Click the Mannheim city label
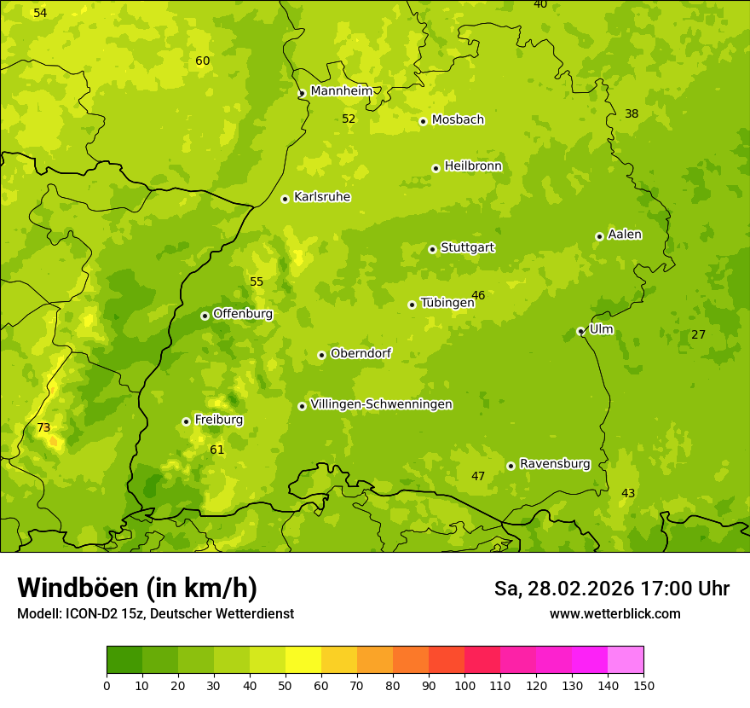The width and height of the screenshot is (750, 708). pos(341,90)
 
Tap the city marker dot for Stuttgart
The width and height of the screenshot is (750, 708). pos(432,249)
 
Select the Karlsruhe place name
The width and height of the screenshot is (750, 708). pos(321,197)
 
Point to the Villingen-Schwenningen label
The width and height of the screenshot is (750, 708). pos(381,404)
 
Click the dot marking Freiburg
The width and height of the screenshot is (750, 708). pos(186,421)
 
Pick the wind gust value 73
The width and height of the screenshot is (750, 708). pos(43,427)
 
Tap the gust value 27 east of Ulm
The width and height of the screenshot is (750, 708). pos(698,334)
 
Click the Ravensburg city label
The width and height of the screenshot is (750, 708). pos(554,464)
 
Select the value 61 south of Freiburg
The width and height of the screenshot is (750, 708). pos(216,450)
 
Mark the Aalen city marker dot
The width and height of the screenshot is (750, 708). pos(599,236)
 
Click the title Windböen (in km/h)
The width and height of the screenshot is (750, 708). pos(136,588)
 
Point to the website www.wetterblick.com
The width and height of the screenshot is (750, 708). pos(614,614)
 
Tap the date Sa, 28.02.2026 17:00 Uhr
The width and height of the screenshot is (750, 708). pos(611,589)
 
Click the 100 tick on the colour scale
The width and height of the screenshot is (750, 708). pos(464,685)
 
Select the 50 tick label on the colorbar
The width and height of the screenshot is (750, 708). pos(286,685)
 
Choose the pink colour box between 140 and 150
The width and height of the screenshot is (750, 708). pos(626,660)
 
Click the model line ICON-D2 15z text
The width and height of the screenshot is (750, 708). pos(155,614)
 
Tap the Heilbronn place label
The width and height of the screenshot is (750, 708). pos(473,166)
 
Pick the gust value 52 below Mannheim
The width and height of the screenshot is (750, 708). pos(349,119)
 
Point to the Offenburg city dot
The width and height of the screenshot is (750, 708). pos(205,316)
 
